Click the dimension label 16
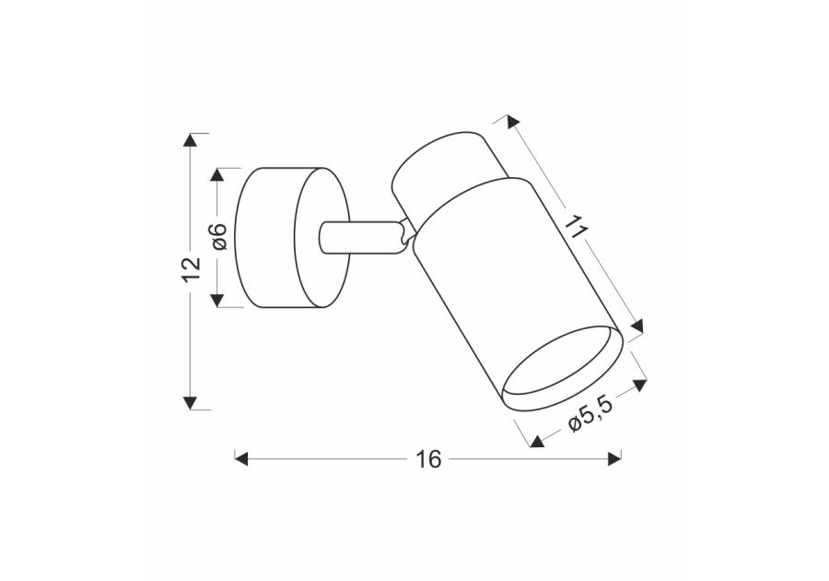click(x=428, y=458)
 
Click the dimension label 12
click(x=191, y=268)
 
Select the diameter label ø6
click(x=218, y=237)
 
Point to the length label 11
click(x=577, y=227)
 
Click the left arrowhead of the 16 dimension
click(x=242, y=457)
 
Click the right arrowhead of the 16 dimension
click(x=614, y=457)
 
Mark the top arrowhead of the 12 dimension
click(x=191, y=140)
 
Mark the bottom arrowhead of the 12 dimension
click(x=191, y=402)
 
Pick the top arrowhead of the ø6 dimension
click(x=218, y=174)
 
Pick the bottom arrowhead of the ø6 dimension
click(x=218, y=300)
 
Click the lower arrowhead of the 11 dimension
click(x=636, y=324)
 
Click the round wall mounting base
click(x=290, y=237)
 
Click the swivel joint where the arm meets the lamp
click(x=403, y=234)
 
